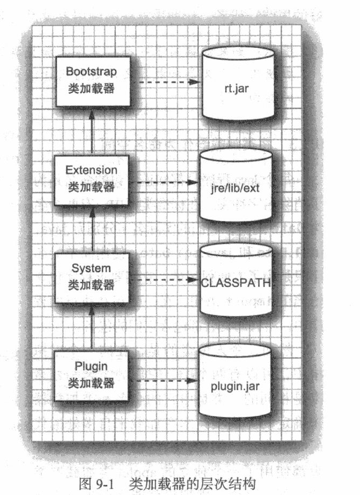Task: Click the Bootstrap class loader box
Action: pyautogui.click(x=93, y=81)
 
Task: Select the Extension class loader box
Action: pyautogui.click(x=92, y=180)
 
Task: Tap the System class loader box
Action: pyautogui.click(x=92, y=278)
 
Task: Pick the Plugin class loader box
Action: pyautogui.click(x=91, y=377)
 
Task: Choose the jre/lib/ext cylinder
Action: pyautogui.click(x=236, y=185)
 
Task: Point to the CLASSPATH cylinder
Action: pyautogui.click(x=236, y=280)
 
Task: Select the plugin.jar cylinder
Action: pyautogui.click(x=235, y=380)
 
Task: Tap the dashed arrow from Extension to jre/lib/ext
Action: pyautogui.click(x=164, y=183)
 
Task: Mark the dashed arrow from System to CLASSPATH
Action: pyautogui.click(x=164, y=280)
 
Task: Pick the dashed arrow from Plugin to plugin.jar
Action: pyautogui.click(x=164, y=381)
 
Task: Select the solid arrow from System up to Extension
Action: pyautogui.click(x=92, y=229)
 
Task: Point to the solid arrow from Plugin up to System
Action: pyautogui.click(x=92, y=327)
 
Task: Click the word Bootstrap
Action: pyautogui.click(x=91, y=72)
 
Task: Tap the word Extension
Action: pyautogui.click(x=91, y=170)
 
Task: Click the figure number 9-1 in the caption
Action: pyautogui.click(x=105, y=484)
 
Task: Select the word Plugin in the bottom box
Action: pyautogui.click(x=91, y=366)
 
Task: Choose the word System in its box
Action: pyautogui.click(x=91, y=269)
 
